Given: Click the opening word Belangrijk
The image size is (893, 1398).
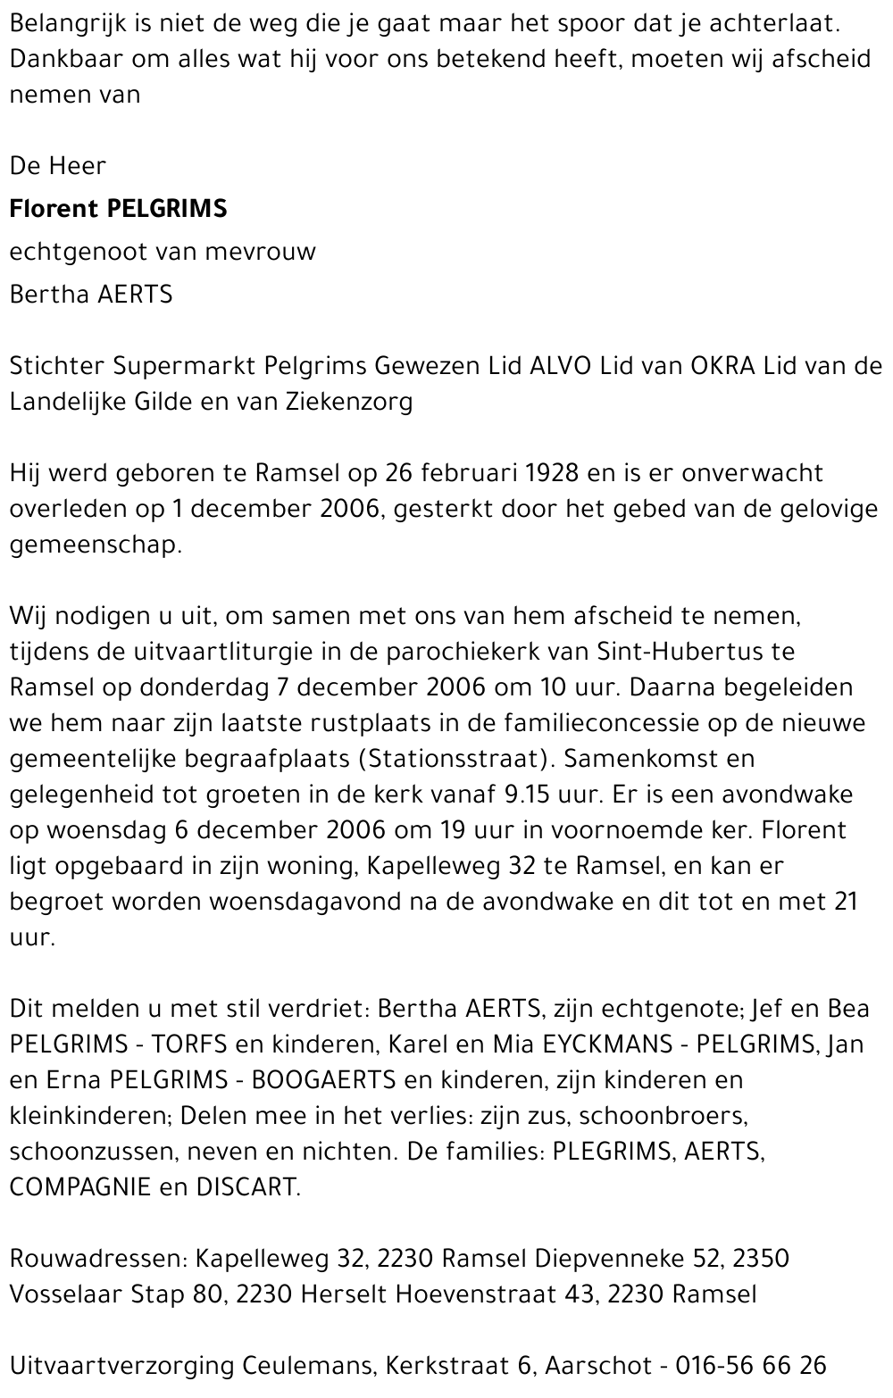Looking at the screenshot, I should [68, 24].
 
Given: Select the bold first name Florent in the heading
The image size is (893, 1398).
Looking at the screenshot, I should [53, 209].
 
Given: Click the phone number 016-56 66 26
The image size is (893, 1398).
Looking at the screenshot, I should [750, 1366].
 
